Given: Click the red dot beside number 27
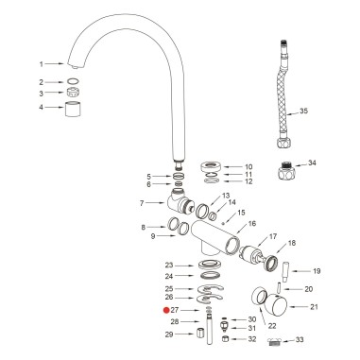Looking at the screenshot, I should pyautogui.click(x=164, y=309).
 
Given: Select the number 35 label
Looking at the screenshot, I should pyautogui.click(x=330, y=111).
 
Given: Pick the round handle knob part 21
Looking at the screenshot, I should pyautogui.click(x=275, y=306).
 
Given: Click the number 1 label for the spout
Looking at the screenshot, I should pyautogui.click(x=42, y=63).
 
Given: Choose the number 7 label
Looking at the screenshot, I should pyautogui.click(x=142, y=203).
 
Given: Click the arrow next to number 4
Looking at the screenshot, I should pyautogui.click(x=53, y=107).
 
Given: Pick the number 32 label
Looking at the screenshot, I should pyautogui.click(x=251, y=338).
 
